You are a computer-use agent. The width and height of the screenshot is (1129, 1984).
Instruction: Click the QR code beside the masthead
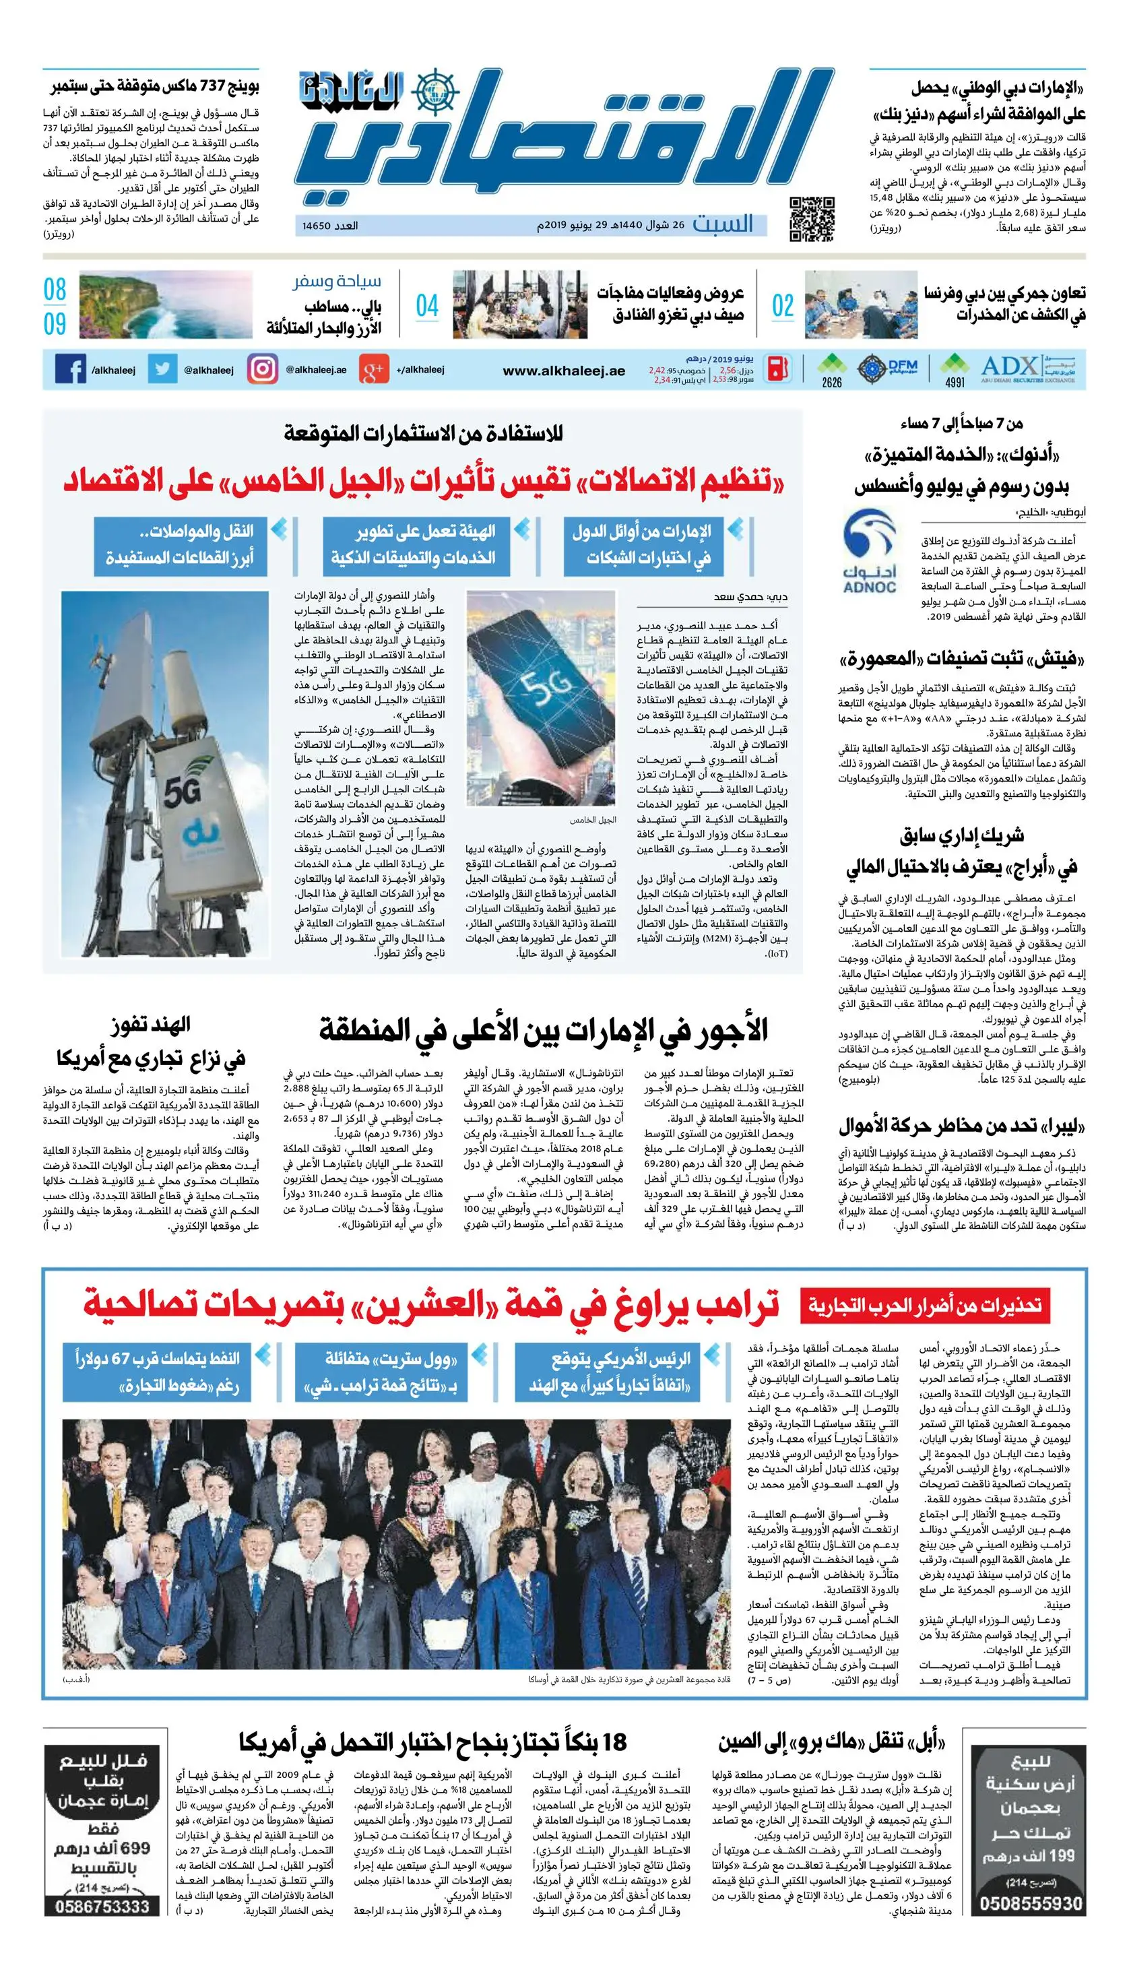click(812, 219)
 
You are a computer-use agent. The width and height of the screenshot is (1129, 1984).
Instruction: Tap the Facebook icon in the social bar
click(71, 369)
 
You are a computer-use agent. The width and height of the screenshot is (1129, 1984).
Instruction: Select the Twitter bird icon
click(162, 369)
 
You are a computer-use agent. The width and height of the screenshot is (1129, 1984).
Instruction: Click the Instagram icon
click(262, 369)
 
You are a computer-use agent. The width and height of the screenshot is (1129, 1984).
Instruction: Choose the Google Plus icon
click(373, 370)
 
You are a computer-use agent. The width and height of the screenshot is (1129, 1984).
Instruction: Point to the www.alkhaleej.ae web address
click(564, 371)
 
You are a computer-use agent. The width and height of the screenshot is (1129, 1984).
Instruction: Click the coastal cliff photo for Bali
click(166, 305)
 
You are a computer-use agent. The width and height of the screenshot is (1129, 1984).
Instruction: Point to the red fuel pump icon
click(778, 369)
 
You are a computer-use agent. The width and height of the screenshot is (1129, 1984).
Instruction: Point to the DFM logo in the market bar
click(901, 364)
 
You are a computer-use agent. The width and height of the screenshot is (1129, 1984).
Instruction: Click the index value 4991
click(955, 382)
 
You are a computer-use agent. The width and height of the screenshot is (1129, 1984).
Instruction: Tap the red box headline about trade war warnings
click(924, 1306)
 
